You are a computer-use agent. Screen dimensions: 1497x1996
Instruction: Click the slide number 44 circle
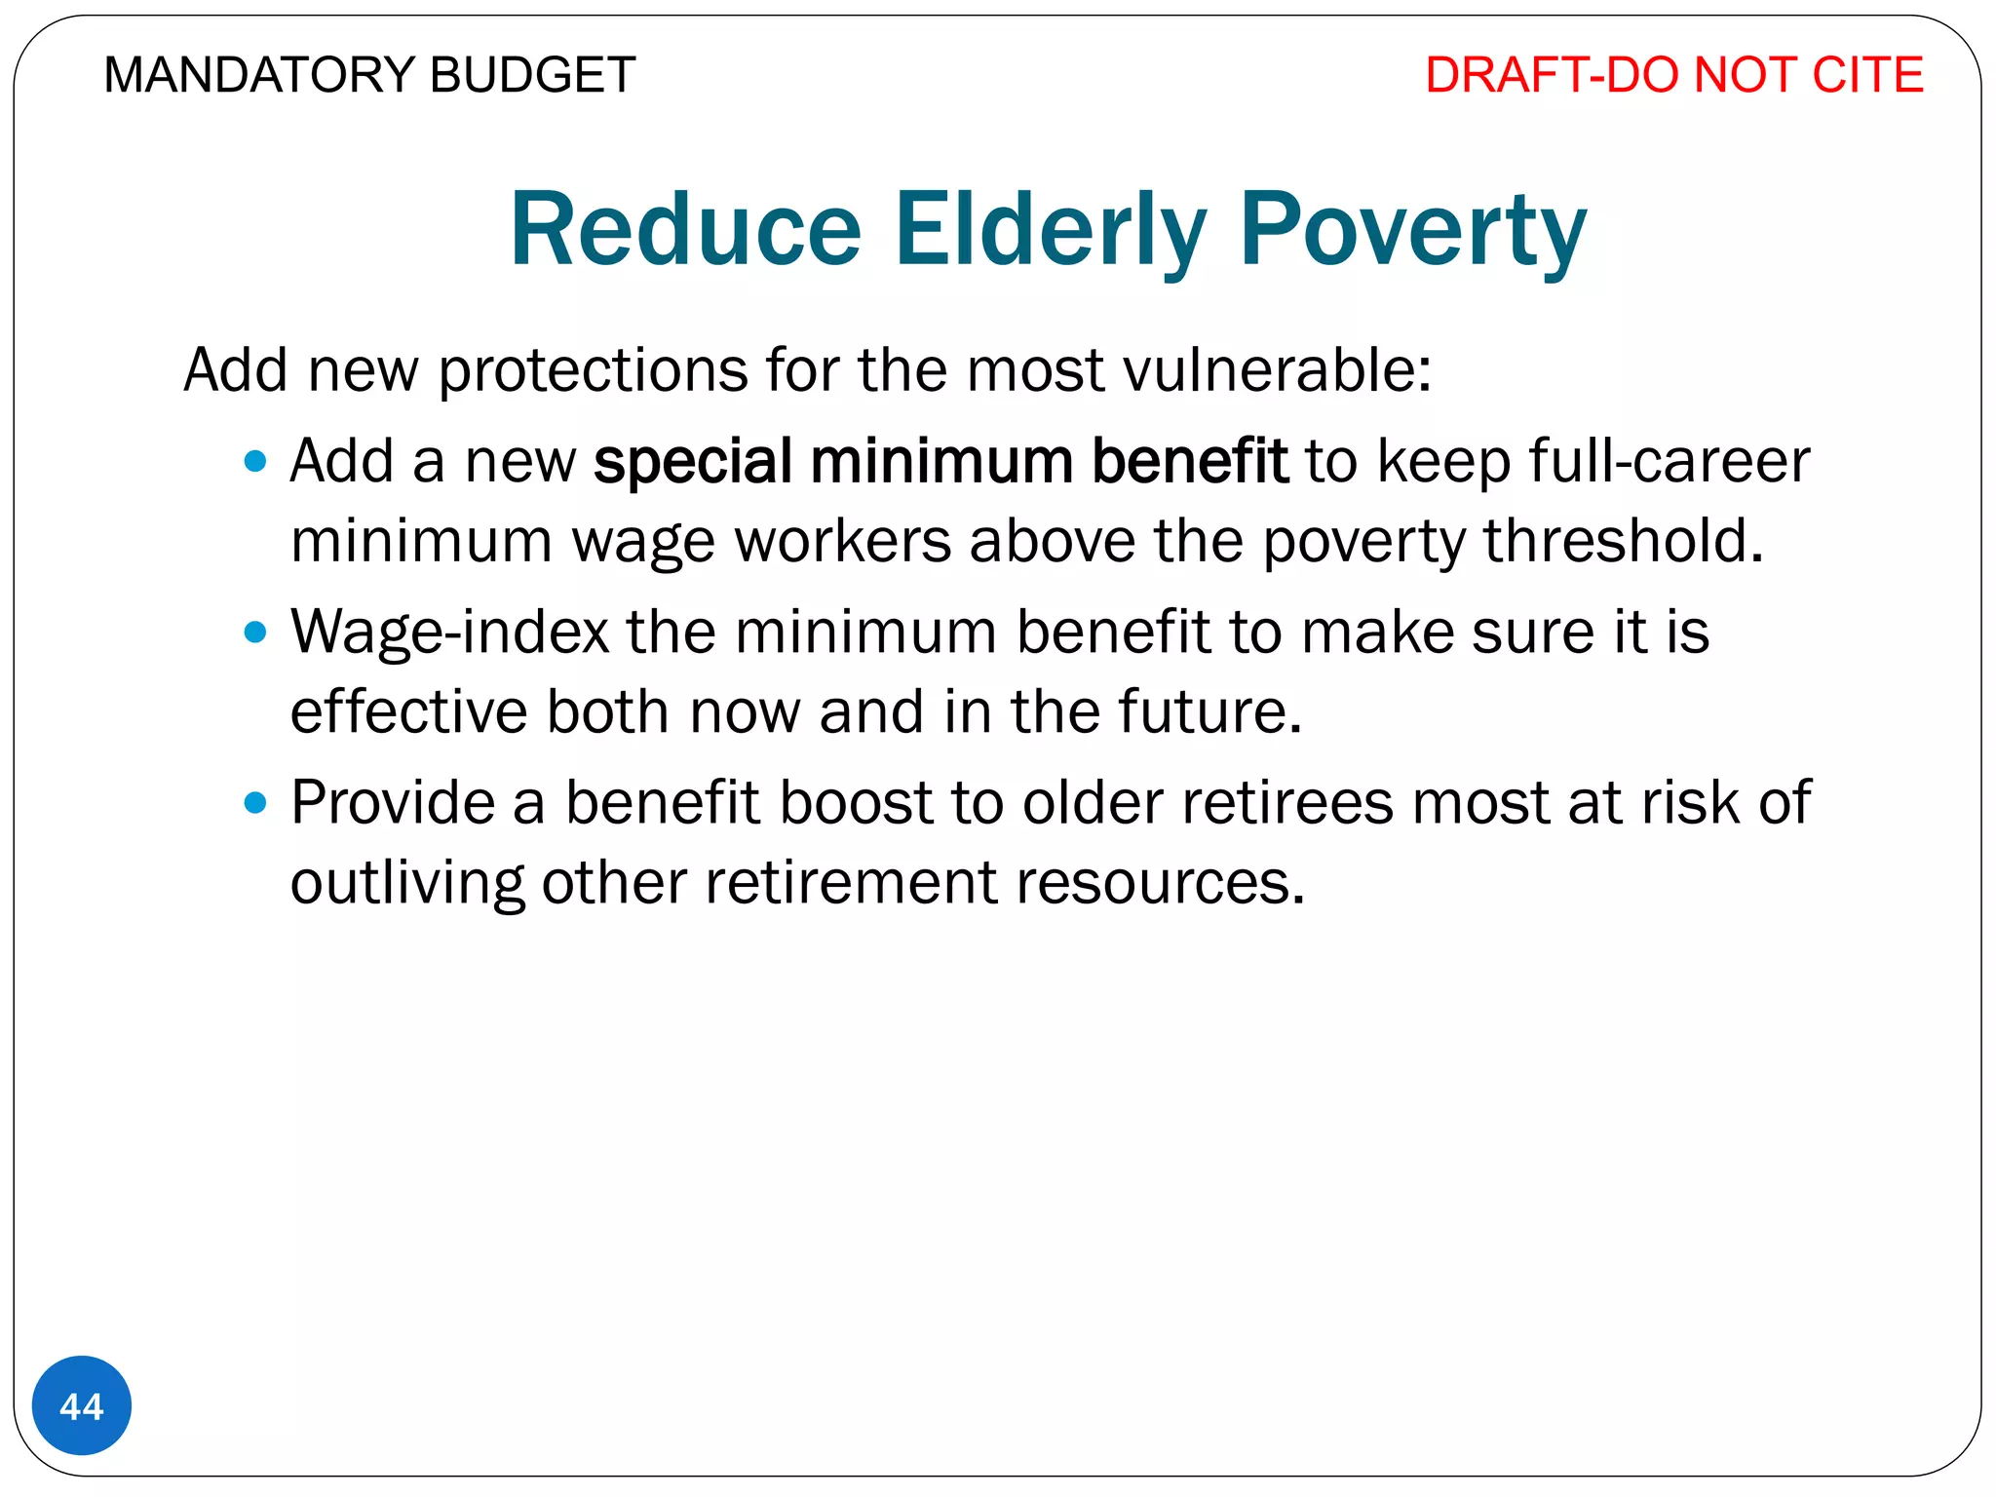[x=82, y=1405]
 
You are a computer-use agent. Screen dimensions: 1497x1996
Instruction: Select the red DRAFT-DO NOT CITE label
[x=1673, y=76]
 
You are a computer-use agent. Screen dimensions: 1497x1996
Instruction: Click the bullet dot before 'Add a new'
[x=255, y=461]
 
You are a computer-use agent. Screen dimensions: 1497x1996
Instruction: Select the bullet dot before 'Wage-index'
[x=255, y=633]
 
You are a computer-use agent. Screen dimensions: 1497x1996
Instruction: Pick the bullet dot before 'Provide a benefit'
[x=255, y=803]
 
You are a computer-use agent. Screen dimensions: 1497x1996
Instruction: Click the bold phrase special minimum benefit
[x=940, y=461]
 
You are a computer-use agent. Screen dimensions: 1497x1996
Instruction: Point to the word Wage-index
[x=449, y=633]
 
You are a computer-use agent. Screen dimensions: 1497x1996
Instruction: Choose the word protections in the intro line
[x=593, y=370]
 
